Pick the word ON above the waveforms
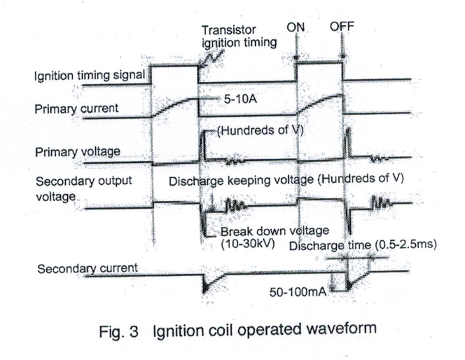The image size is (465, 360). point(296,27)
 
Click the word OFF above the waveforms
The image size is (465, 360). point(343,27)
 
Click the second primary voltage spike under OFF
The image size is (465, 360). point(346,144)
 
